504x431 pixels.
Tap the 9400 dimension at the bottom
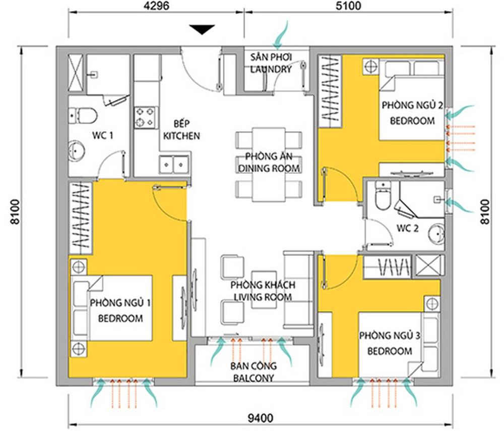[x=261, y=418]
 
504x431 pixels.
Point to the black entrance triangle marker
[x=202, y=30]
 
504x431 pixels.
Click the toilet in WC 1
[x=85, y=116]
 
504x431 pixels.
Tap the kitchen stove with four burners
[x=145, y=117]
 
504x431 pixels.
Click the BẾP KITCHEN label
[x=180, y=130]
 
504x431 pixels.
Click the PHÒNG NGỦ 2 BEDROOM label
[x=412, y=113]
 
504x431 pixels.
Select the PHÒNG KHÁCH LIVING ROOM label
[x=262, y=291]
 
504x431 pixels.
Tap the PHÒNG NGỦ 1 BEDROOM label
[x=120, y=310]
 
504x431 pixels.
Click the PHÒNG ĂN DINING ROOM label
[x=270, y=161]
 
